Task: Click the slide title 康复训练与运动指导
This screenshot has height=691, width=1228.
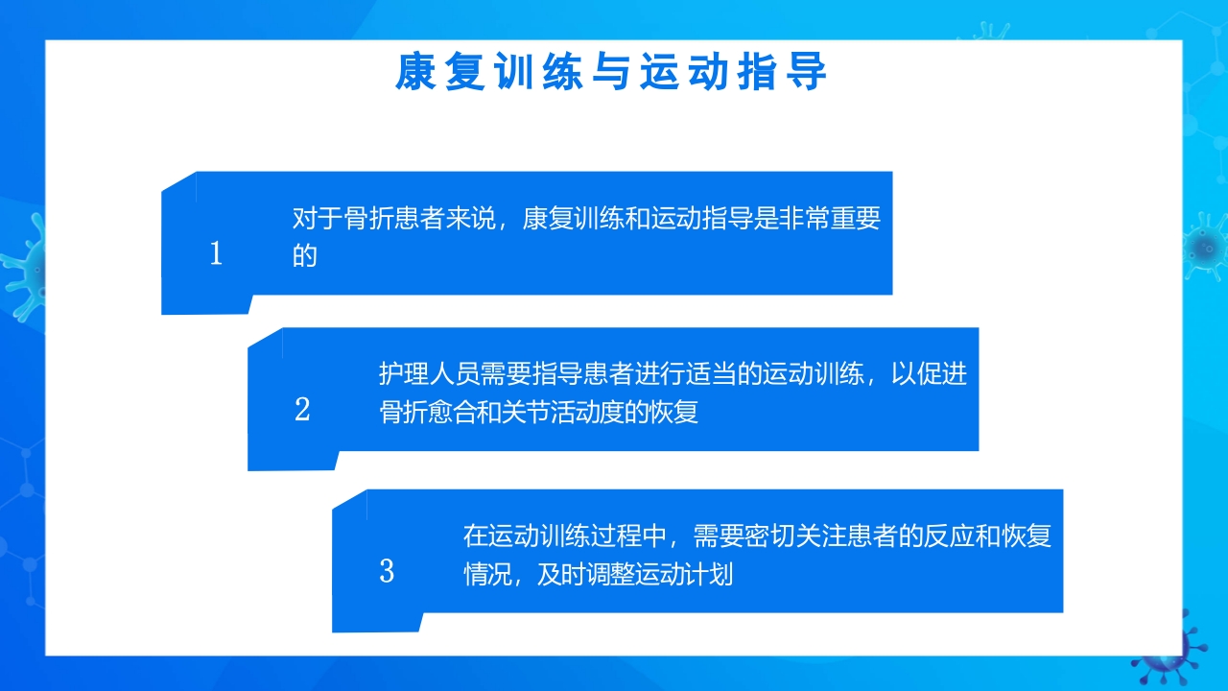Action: click(x=611, y=73)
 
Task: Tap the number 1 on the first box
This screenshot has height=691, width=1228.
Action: click(x=216, y=254)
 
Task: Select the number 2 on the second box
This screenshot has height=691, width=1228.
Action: click(x=302, y=411)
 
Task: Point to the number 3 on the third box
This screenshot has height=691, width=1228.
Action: click(x=387, y=572)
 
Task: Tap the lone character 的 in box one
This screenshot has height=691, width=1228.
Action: click(x=305, y=256)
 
